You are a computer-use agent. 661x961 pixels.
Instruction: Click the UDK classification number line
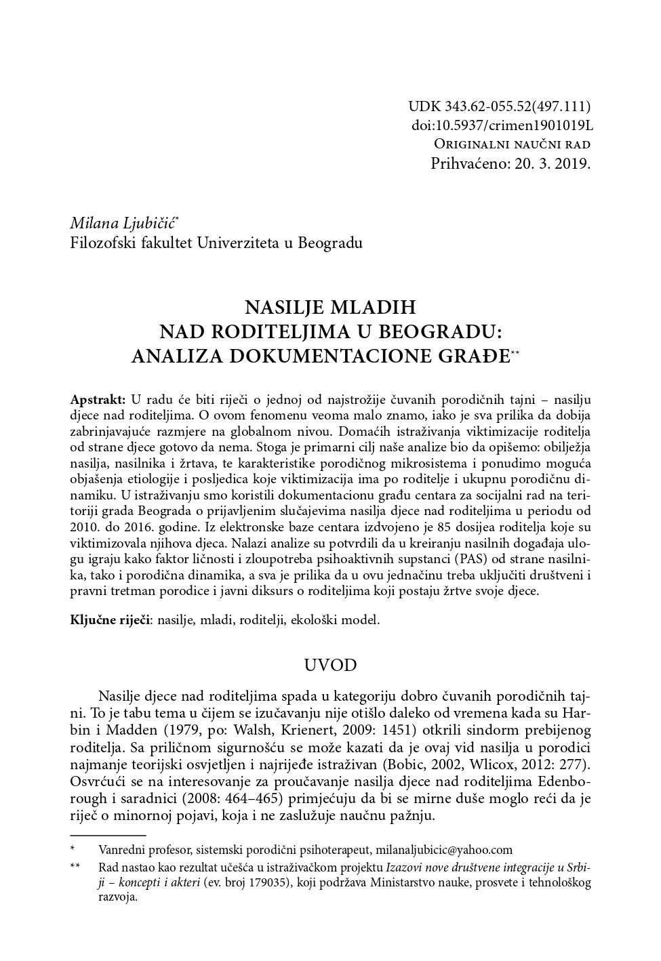[x=499, y=106]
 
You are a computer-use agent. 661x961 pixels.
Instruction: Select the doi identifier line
[x=502, y=125]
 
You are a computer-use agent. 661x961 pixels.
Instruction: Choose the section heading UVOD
[x=330, y=665]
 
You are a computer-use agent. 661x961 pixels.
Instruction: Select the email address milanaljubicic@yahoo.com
[x=443, y=849]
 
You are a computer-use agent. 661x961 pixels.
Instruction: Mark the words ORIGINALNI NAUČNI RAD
[x=512, y=144]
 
